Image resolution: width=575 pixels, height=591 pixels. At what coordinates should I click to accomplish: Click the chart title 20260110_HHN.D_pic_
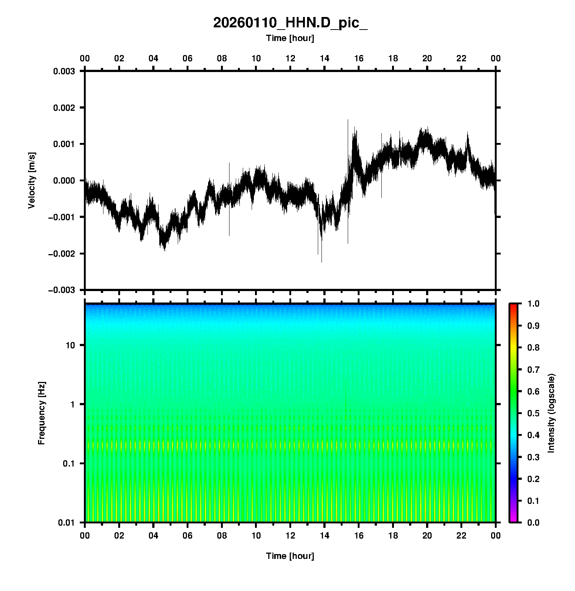tap(290, 23)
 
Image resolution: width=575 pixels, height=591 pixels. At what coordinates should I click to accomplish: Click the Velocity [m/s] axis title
tap(32, 180)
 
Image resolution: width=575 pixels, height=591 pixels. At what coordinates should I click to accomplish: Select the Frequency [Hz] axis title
tap(41, 413)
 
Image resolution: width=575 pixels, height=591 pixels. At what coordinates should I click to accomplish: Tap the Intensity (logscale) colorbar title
tap(551, 413)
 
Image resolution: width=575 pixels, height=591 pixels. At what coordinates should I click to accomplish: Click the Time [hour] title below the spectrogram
tap(290, 556)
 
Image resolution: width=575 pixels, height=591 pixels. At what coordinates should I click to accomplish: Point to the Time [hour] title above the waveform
tap(290, 38)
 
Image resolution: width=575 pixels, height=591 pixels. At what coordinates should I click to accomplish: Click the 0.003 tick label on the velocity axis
tap(64, 71)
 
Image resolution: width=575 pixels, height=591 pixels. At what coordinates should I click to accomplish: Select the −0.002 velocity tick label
tap(61, 253)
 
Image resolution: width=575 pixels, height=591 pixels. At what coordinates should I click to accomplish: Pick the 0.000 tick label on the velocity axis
tap(64, 181)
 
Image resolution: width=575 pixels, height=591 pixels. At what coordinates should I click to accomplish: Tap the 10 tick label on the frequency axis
tap(70, 345)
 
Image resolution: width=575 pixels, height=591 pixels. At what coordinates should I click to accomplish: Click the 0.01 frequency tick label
tap(67, 523)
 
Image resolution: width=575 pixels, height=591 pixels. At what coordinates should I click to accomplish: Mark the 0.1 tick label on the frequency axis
tap(69, 464)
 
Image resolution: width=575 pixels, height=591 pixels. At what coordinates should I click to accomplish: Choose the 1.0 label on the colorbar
tap(534, 304)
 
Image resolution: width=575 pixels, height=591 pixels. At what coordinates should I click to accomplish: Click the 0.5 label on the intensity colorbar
tap(534, 413)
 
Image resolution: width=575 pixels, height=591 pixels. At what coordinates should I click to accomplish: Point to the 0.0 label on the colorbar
tap(534, 523)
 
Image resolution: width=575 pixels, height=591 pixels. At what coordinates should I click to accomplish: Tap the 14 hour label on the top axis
tap(324, 58)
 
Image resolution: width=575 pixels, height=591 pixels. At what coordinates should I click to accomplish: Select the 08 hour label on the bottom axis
tap(222, 536)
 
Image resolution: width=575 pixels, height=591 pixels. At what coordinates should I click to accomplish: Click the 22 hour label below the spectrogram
tap(462, 536)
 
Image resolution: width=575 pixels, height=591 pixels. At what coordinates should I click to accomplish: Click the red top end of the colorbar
tap(513, 305)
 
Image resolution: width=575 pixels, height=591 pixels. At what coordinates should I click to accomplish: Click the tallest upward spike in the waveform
tap(348, 120)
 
